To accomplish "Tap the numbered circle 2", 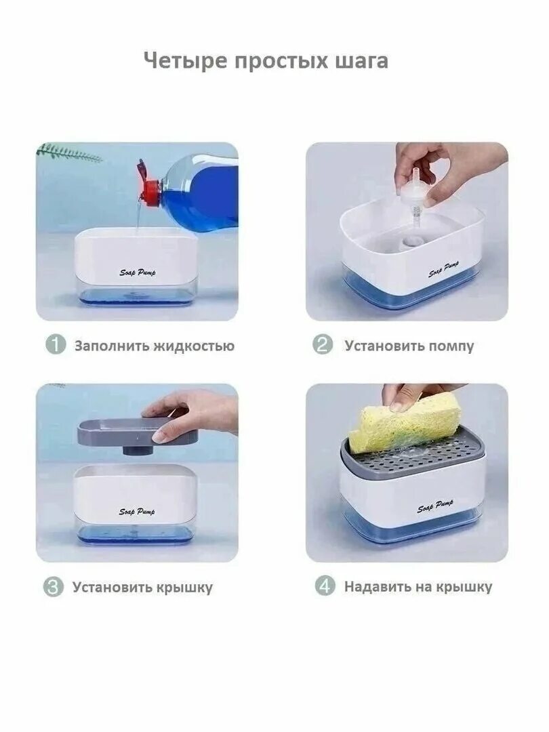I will pyautogui.click(x=323, y=345).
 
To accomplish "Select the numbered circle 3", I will pyautogui.click(x=54, y=587).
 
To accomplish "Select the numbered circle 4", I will pyautogui.click(x=327, y=586).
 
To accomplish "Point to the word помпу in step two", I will pyautogui.click(x=451, y=346).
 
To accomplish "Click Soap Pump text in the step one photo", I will pyautogui.click(x=138, y=272).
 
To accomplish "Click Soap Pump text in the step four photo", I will pyautogui.click(x=435, y=507).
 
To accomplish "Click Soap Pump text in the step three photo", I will pyautogui.click(x=136, y=512).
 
